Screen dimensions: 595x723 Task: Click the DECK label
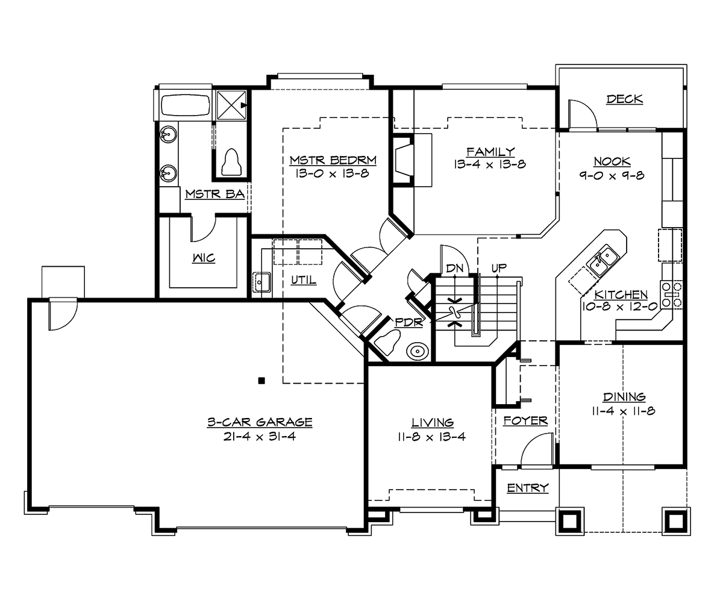click(625, 99)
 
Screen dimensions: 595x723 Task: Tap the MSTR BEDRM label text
click(333, 160)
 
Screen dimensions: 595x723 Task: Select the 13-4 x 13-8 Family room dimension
click(490, 164)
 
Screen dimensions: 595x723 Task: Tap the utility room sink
click(262, 281)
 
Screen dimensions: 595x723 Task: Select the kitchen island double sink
click(602, 260)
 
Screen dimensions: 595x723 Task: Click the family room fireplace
click(402, 161)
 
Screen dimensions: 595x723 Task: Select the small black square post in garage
click(261, 380)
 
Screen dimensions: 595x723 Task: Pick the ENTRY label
click(527, 488)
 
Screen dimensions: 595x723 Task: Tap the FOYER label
click(525, 420)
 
